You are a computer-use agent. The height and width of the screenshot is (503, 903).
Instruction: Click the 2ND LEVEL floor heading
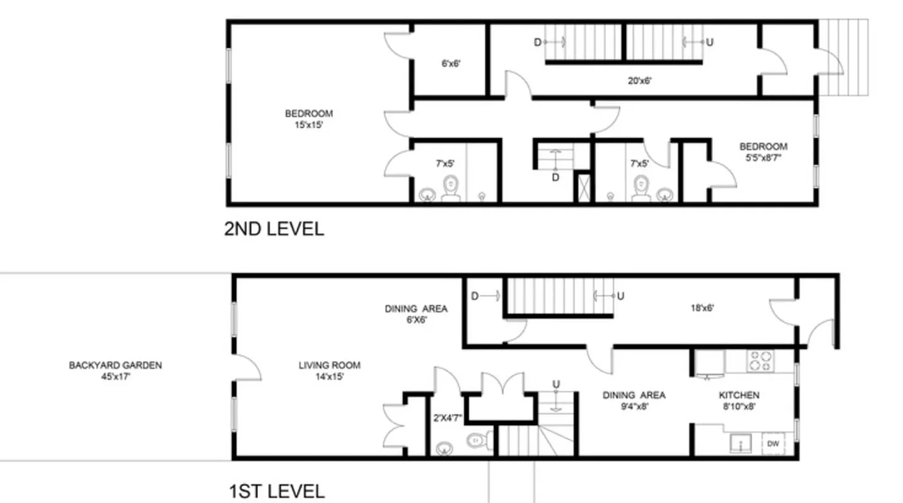point(274,229)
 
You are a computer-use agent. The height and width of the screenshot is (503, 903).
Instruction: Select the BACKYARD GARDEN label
point(115,365)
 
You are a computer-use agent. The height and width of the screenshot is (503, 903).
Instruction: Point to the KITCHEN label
point(739,395)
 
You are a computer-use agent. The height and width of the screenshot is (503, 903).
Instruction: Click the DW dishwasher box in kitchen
point(773,444)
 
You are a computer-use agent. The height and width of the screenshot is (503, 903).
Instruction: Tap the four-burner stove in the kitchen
point(759,361)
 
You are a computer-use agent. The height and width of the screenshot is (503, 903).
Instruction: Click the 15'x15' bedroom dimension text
point(308,125)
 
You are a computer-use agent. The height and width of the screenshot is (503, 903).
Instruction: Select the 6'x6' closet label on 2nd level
point(451,64)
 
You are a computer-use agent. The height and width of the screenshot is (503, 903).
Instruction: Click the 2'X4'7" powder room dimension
point(447,417)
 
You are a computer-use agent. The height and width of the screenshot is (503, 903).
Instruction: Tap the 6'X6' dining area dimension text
point(416,319)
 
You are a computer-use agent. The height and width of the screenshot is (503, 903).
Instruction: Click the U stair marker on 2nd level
point(710,43)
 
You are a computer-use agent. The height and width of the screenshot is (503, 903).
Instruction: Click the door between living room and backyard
point(247,368)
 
